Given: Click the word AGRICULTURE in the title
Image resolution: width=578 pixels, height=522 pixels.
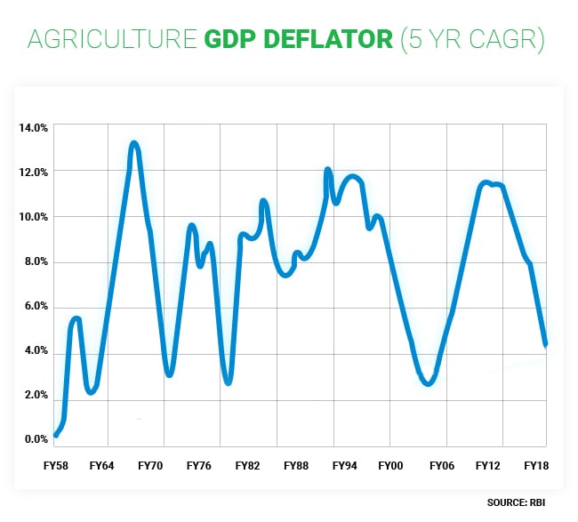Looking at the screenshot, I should [110, 40].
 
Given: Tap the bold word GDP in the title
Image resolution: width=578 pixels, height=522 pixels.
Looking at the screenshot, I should [233, 40].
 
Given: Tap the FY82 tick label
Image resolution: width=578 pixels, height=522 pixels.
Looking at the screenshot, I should [247, 466].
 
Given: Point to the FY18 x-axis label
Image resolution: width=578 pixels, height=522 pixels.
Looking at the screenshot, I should [536, 466].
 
